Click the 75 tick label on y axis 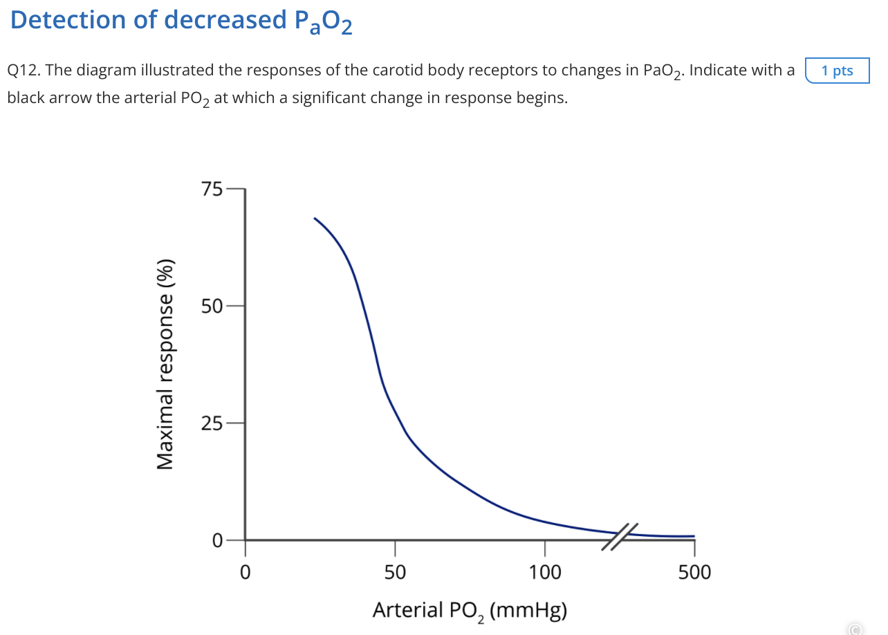point(212,189)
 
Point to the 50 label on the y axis point(212,306)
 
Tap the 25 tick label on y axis point(212,423)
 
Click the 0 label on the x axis point(244,573)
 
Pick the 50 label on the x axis point(395,573)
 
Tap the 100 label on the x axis point(545,573)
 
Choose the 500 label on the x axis point(694,573)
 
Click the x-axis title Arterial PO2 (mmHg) point(470,610)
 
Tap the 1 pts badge point(837,71)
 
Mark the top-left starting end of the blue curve point(315,219)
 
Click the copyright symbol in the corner point(855,629)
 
